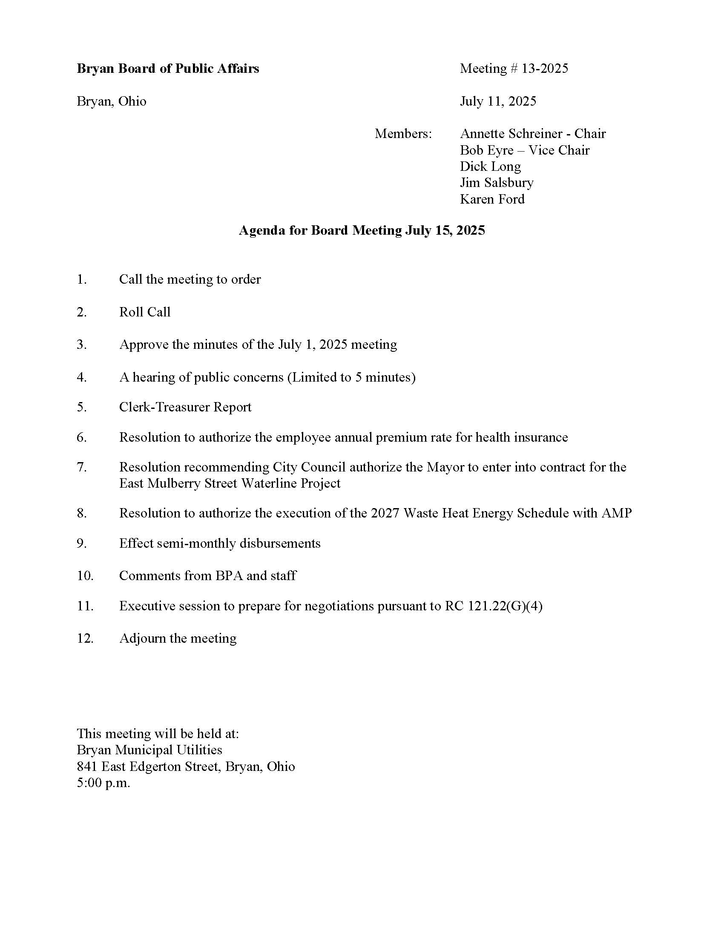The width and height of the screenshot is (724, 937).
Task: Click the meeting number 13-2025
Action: tap(544, 69)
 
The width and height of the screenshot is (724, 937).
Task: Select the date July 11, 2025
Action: tap(497, 101)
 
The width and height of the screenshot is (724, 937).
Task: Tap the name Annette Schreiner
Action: tap(511, 134)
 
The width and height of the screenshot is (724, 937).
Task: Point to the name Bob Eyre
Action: tap(486, 150)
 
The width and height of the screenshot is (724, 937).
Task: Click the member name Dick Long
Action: tap(490, 167)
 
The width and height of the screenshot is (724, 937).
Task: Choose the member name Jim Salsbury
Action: tap(496, 183)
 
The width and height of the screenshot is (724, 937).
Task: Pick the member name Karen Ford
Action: tap(492, 199)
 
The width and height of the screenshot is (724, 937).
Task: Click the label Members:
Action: tap(403, 134)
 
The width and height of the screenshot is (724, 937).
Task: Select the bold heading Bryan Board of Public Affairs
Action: tap(168, 69)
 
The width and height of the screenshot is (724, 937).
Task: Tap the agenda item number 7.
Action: tap(81, 467)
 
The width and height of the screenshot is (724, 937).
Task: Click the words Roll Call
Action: tap(144, 312)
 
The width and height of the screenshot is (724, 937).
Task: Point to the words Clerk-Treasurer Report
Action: tap(185, 407)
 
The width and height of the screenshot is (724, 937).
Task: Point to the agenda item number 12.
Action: tap(85, 638)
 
